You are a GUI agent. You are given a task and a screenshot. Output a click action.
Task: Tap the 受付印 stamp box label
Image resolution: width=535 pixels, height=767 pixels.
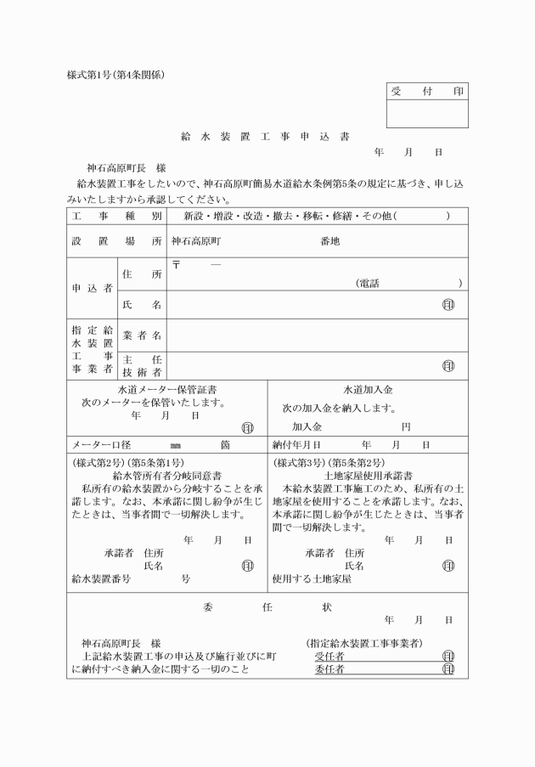pos(426,91)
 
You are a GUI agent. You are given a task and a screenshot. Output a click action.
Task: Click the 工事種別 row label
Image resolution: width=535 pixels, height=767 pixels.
pos(116,217)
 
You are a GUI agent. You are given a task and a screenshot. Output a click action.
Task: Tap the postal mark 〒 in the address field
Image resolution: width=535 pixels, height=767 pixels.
pos(177,265)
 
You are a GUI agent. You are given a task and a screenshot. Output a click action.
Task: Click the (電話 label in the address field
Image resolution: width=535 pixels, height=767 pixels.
pos(367,283)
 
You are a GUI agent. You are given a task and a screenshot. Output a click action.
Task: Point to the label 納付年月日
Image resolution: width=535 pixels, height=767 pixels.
pos(296,445)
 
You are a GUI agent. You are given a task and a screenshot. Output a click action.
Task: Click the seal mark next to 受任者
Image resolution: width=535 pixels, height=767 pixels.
pos(448,657)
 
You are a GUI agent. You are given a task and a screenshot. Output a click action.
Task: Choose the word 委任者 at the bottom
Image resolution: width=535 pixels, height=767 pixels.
pos(329,669)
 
